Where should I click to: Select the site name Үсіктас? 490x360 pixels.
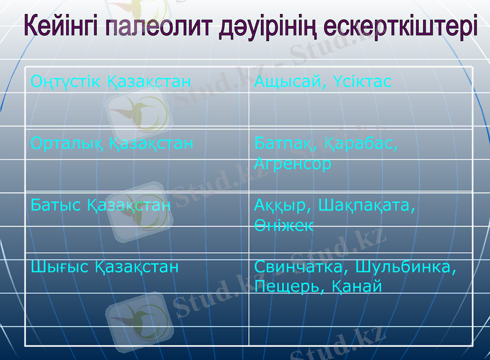(x=360, y=81)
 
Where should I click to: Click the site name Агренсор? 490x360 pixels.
(x=293, y=164)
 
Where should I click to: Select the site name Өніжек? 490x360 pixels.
(x=284, y=225)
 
